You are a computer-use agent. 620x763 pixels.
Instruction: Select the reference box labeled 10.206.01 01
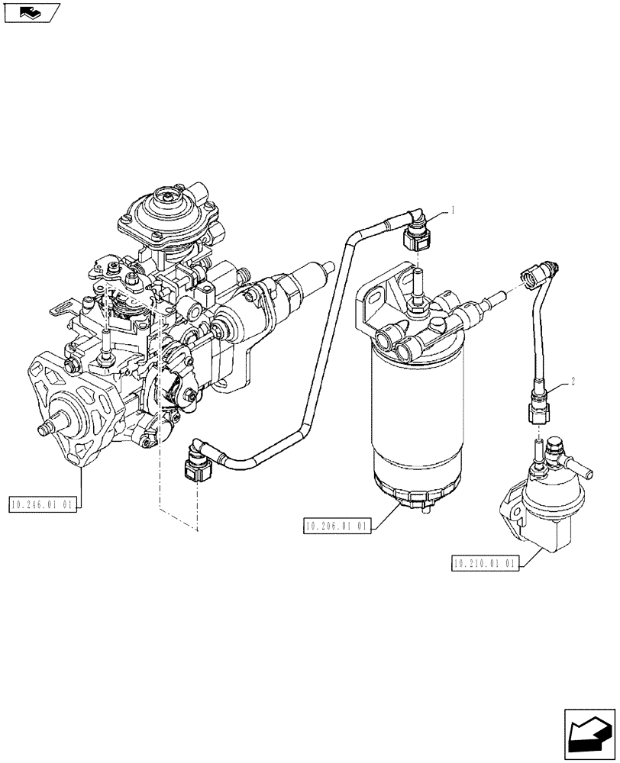pyautogui.click(x=337, y=526)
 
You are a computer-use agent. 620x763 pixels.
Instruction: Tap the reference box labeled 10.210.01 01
pyautogui.click(x=486, y=563)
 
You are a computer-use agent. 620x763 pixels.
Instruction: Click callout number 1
pyautogui.click(x=453, y=209)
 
